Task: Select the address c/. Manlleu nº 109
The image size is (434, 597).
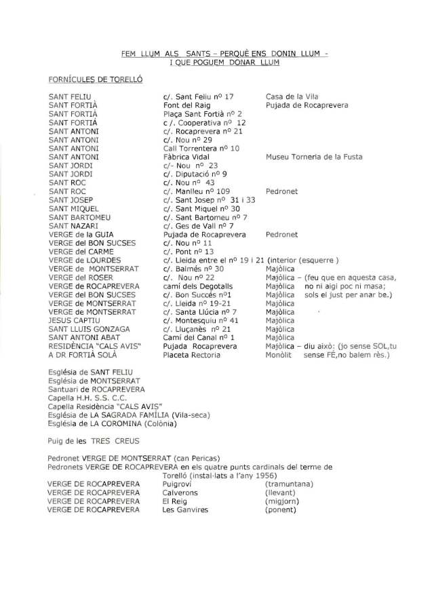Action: (197, 191)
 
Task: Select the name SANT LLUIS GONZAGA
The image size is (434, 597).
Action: (89, 329)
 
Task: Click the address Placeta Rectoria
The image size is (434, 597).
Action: (192, 355)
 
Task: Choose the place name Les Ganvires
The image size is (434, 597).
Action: (185, 510)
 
